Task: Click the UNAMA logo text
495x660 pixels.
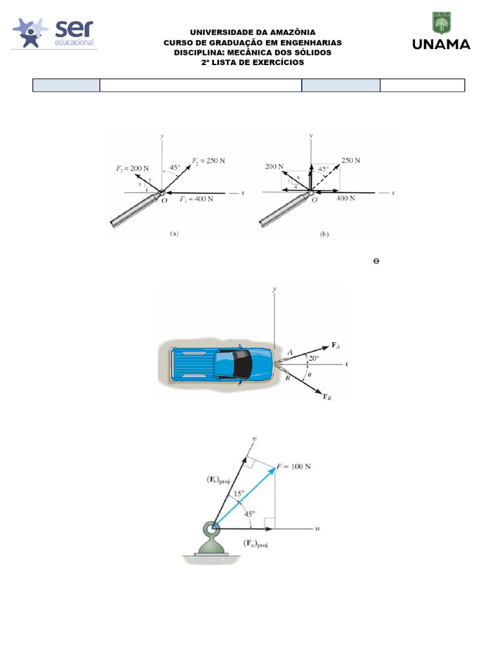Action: coord(441,44)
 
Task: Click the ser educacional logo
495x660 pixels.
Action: coord(54,33)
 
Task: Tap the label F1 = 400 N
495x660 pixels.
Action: coord(196,199)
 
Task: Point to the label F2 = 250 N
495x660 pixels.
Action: coord(208,160)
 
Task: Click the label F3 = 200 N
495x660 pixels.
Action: coord(132,168)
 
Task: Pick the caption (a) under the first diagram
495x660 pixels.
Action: coord(174,233)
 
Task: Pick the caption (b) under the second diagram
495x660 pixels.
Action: coord(324,234)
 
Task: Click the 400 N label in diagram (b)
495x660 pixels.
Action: coord(345,199)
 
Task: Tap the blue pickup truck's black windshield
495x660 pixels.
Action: coord(243,364)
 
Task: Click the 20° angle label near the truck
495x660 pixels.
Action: coord(314,358)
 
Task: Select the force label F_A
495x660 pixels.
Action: coord(335,345)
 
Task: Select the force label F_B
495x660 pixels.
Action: coord(327,396)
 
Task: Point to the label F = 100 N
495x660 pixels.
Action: coord(293,467)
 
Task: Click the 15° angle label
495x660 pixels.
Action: coord(238,494)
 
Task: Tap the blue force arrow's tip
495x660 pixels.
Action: coord(275,467)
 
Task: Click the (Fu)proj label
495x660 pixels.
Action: coord(255,543)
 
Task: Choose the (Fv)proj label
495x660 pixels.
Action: coord(218,480)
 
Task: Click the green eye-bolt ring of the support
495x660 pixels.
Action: coord(211,529)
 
